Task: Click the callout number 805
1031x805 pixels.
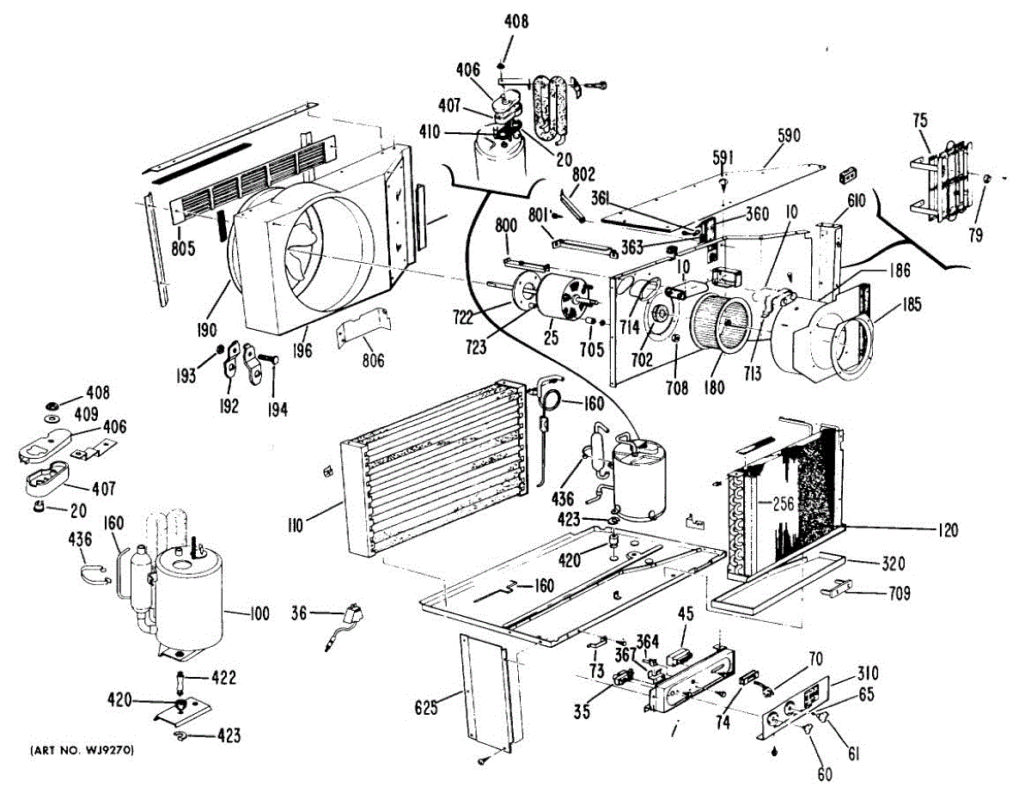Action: (183, 249)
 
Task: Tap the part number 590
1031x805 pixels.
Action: (788, 136)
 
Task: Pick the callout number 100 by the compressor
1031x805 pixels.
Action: (259, 614)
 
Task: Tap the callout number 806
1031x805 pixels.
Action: (373, 362)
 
